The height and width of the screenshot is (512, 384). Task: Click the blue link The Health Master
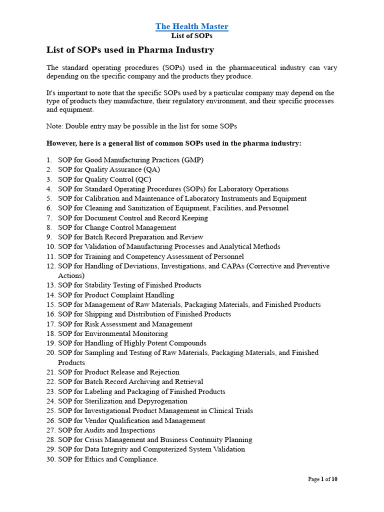click(x=191, y=26)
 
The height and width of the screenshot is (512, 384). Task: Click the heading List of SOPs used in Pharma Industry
click(x=130, y=50)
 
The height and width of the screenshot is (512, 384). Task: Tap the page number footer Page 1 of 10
click(x=322, y=479)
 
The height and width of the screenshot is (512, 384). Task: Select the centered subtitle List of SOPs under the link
click(x=191, y=36)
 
